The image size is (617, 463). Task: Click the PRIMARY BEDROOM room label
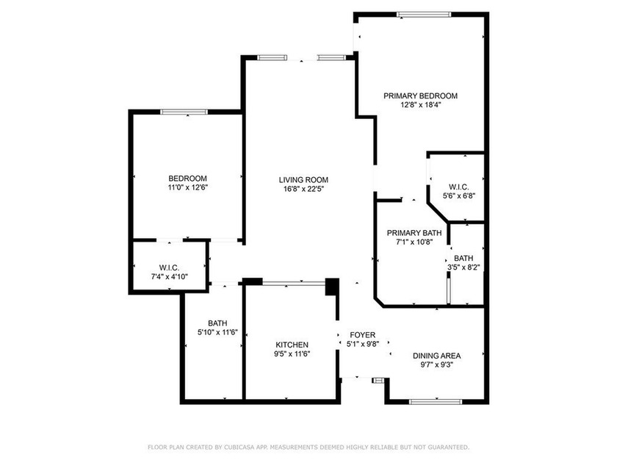(420, 96)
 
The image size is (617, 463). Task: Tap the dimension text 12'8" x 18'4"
(420, 105)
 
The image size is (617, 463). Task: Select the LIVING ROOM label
(303, 179)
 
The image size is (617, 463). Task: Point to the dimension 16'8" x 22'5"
(303, 189)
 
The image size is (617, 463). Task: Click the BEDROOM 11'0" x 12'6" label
(187, 179)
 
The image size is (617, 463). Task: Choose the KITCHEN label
(292, 345)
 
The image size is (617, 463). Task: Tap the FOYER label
(362, 334)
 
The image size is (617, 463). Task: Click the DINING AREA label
(436, 356)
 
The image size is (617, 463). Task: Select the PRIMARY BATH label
(415, 234)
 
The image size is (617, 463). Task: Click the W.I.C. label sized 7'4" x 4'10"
(170, 268)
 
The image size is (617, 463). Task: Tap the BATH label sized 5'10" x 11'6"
(217, 323)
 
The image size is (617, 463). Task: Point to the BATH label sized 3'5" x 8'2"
(463, 258)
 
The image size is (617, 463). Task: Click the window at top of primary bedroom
(424, 14)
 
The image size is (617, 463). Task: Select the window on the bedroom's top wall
(184, 112)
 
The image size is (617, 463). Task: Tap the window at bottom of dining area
(435, 401)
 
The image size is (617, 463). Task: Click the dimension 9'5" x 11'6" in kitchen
(292, 354)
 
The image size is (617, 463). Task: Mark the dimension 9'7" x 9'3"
(436, 365)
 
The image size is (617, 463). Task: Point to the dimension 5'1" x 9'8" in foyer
(362, 344)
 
